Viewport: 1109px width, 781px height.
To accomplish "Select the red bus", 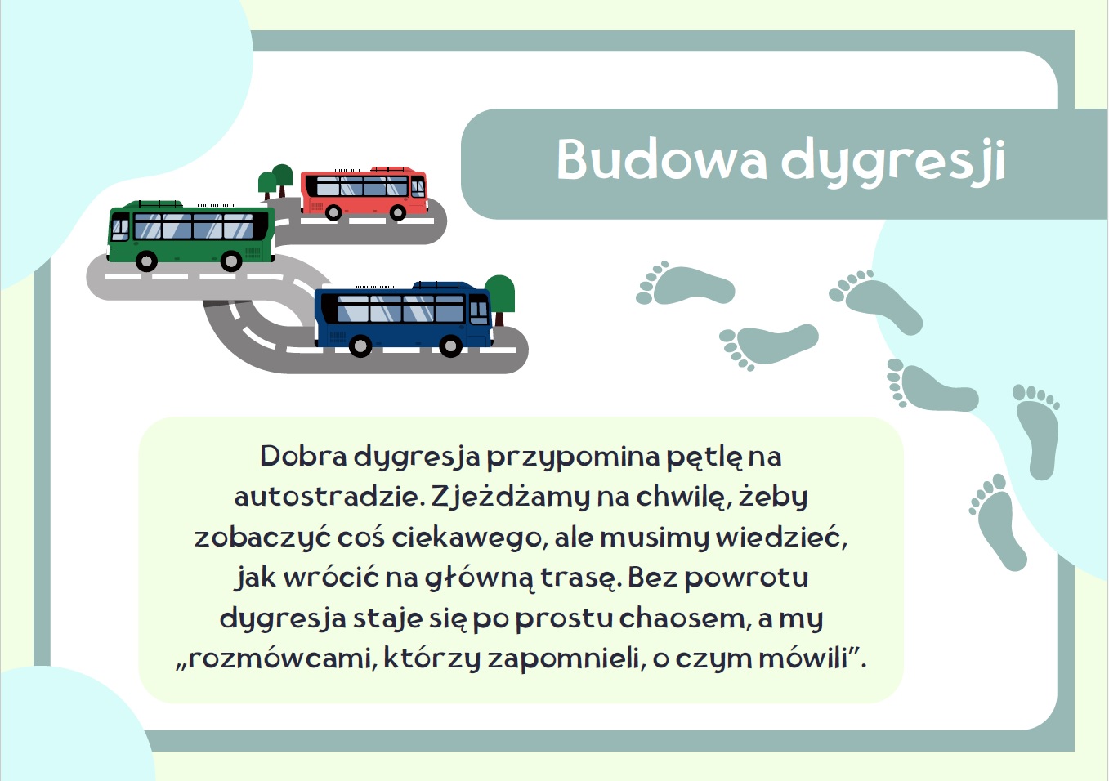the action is (x=364, y=193).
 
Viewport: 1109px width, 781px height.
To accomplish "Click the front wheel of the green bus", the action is (x=146, y=261).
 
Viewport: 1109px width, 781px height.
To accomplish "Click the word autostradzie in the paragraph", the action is (x=327, y=497).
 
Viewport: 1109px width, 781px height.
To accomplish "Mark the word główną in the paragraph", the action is (x=480, y=578).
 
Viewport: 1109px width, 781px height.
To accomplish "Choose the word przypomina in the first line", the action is (x=574, y=457).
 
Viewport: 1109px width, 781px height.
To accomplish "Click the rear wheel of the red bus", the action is (x=397, y=212).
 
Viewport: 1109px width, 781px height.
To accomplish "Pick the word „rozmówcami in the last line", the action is (x=274, y=658).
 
